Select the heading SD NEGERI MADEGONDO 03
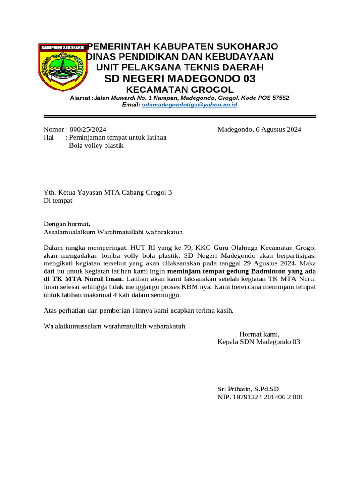click(180, 78)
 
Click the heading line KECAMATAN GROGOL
click(180, 90)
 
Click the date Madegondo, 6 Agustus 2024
click(259, 130)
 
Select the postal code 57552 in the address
click(280, 98)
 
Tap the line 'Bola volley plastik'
click(96, 146)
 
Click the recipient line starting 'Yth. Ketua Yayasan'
click(108, 192)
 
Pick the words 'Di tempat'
click(58, 200)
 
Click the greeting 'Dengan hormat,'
click(66, 224)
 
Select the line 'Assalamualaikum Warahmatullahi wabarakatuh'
click(113, 232)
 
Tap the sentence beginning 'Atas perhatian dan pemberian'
click(138, 310)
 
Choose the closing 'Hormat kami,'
click(259, 334)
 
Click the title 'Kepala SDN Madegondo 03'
click(259, 342)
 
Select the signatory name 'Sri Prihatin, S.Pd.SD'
click(248, 389)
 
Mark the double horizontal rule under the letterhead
click(180, 116)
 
